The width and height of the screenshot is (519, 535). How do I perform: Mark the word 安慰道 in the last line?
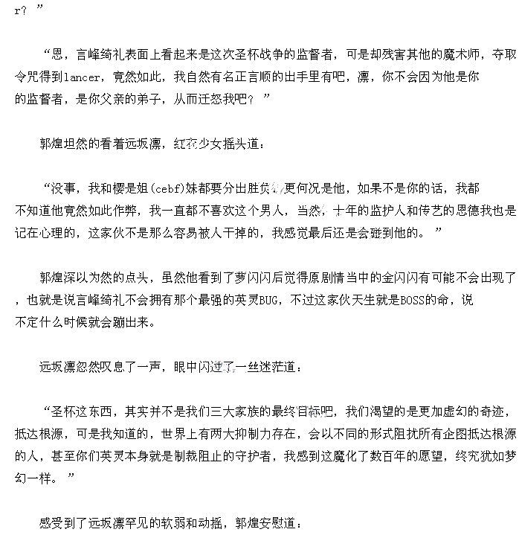point(281,523)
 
